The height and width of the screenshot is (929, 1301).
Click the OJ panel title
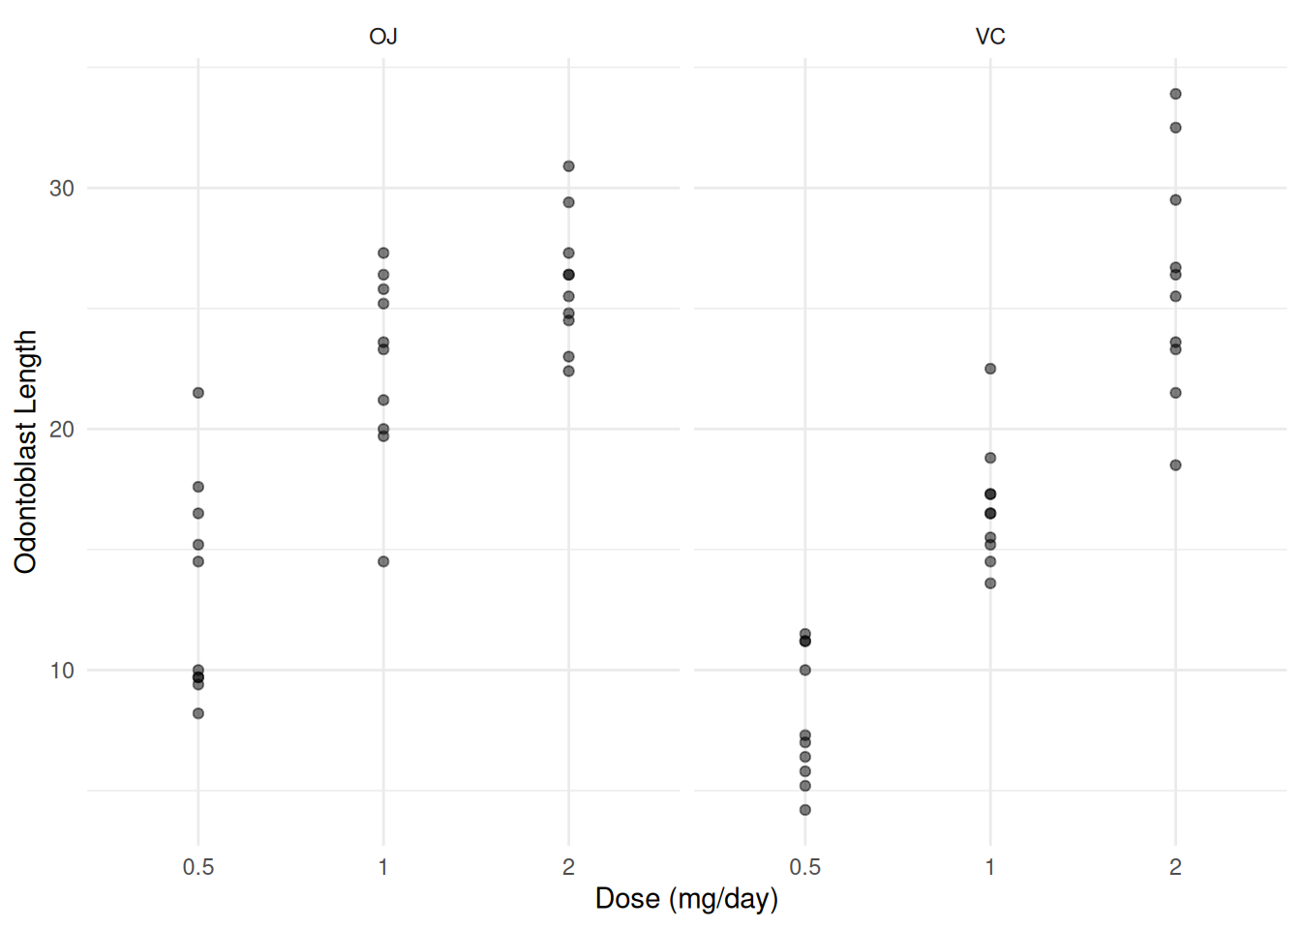tap(383, 37)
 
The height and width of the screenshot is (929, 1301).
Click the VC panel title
tap(990, 37)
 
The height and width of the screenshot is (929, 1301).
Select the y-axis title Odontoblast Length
tap(26, 451)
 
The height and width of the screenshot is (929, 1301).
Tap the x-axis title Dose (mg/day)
tap(686, 898)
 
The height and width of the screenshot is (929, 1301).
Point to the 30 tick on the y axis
tap(62, 188)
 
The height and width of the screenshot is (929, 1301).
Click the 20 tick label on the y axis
tap(62, 429)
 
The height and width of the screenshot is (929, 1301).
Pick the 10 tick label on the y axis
tap(62, 670)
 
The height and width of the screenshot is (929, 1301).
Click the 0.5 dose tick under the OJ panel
tap(198, 867)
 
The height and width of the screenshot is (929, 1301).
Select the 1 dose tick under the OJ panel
tap(383, 867)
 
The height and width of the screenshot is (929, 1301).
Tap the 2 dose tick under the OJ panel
tap(568, 867)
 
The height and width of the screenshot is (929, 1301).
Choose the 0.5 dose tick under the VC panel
tap(804, 867)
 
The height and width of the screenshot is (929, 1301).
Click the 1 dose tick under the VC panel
tap(990, 867)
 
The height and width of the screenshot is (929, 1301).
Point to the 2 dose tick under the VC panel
tap(1175, 867)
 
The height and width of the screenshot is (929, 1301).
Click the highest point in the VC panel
tap(1175, 94)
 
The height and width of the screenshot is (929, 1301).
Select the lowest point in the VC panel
tap(804, 810)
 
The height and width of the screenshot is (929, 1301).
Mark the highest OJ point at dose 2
tap(568, 166)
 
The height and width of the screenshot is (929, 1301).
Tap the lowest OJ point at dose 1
tap(383, 561)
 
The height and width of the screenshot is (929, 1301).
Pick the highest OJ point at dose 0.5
tap(198, 393)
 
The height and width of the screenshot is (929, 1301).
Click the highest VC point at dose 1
tap(990, 369)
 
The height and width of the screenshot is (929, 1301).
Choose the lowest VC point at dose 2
tap(1175, 465)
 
